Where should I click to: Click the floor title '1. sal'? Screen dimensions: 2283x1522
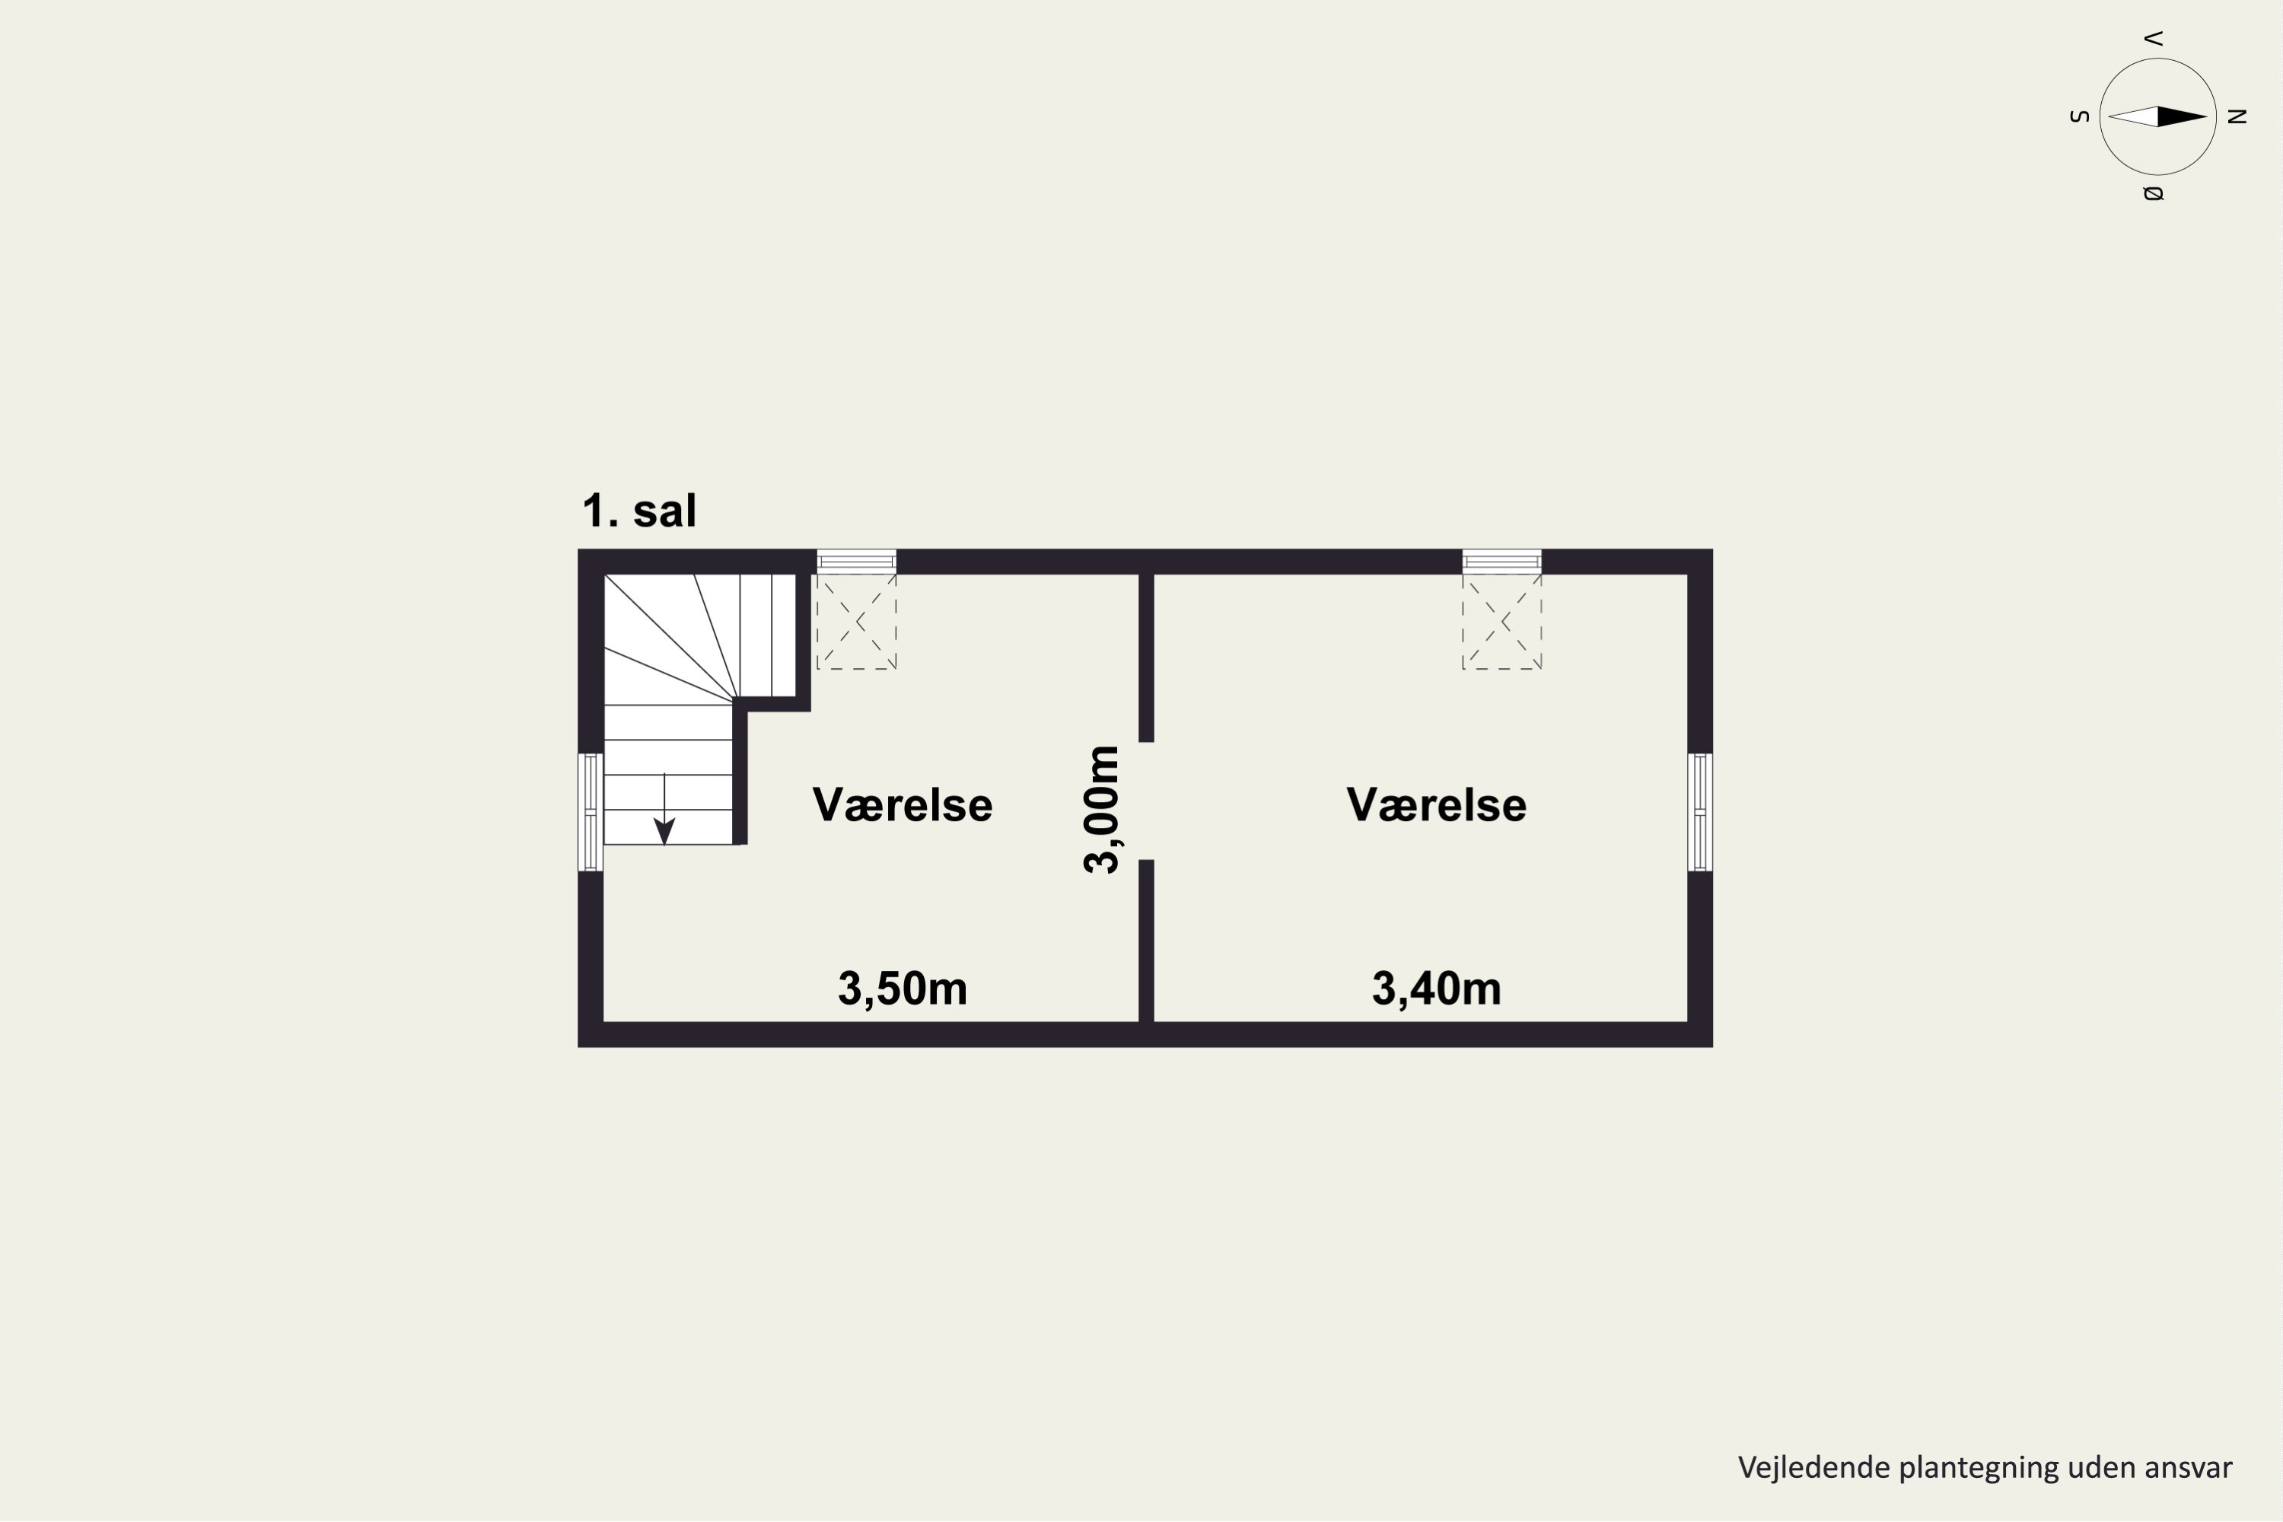(x=638, y=511)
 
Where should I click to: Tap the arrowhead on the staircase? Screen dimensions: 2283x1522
(x=664, y=832)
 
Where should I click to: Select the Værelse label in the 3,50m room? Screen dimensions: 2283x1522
(x=902, y=804)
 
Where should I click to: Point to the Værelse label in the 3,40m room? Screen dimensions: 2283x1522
(x=1435, y=804)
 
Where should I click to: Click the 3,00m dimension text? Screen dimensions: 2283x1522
(x=1103, y=810)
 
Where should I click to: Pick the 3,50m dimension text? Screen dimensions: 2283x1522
(x=903, y=988)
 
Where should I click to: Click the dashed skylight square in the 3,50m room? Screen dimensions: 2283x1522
(x=856, y=621)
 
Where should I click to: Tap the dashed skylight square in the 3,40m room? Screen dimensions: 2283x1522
(x=1501, y=621)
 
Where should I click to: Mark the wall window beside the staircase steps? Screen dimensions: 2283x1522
(x=591, y=811)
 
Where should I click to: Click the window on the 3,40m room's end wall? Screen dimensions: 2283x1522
(x=1699, y=811)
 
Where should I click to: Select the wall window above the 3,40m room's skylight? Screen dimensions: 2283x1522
(x=1501, y=561)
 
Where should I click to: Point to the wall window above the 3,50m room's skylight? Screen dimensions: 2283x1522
(x=856, y=561)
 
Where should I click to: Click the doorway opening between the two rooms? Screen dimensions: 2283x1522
(x=1146, y=801)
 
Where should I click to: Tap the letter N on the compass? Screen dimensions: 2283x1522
(x=2237, y=116)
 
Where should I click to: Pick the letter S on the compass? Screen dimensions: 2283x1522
(x=2079, y=116)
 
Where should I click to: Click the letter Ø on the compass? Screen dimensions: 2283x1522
(x=2153, y=193)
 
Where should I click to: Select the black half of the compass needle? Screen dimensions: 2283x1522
(x=2182, y=116)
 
